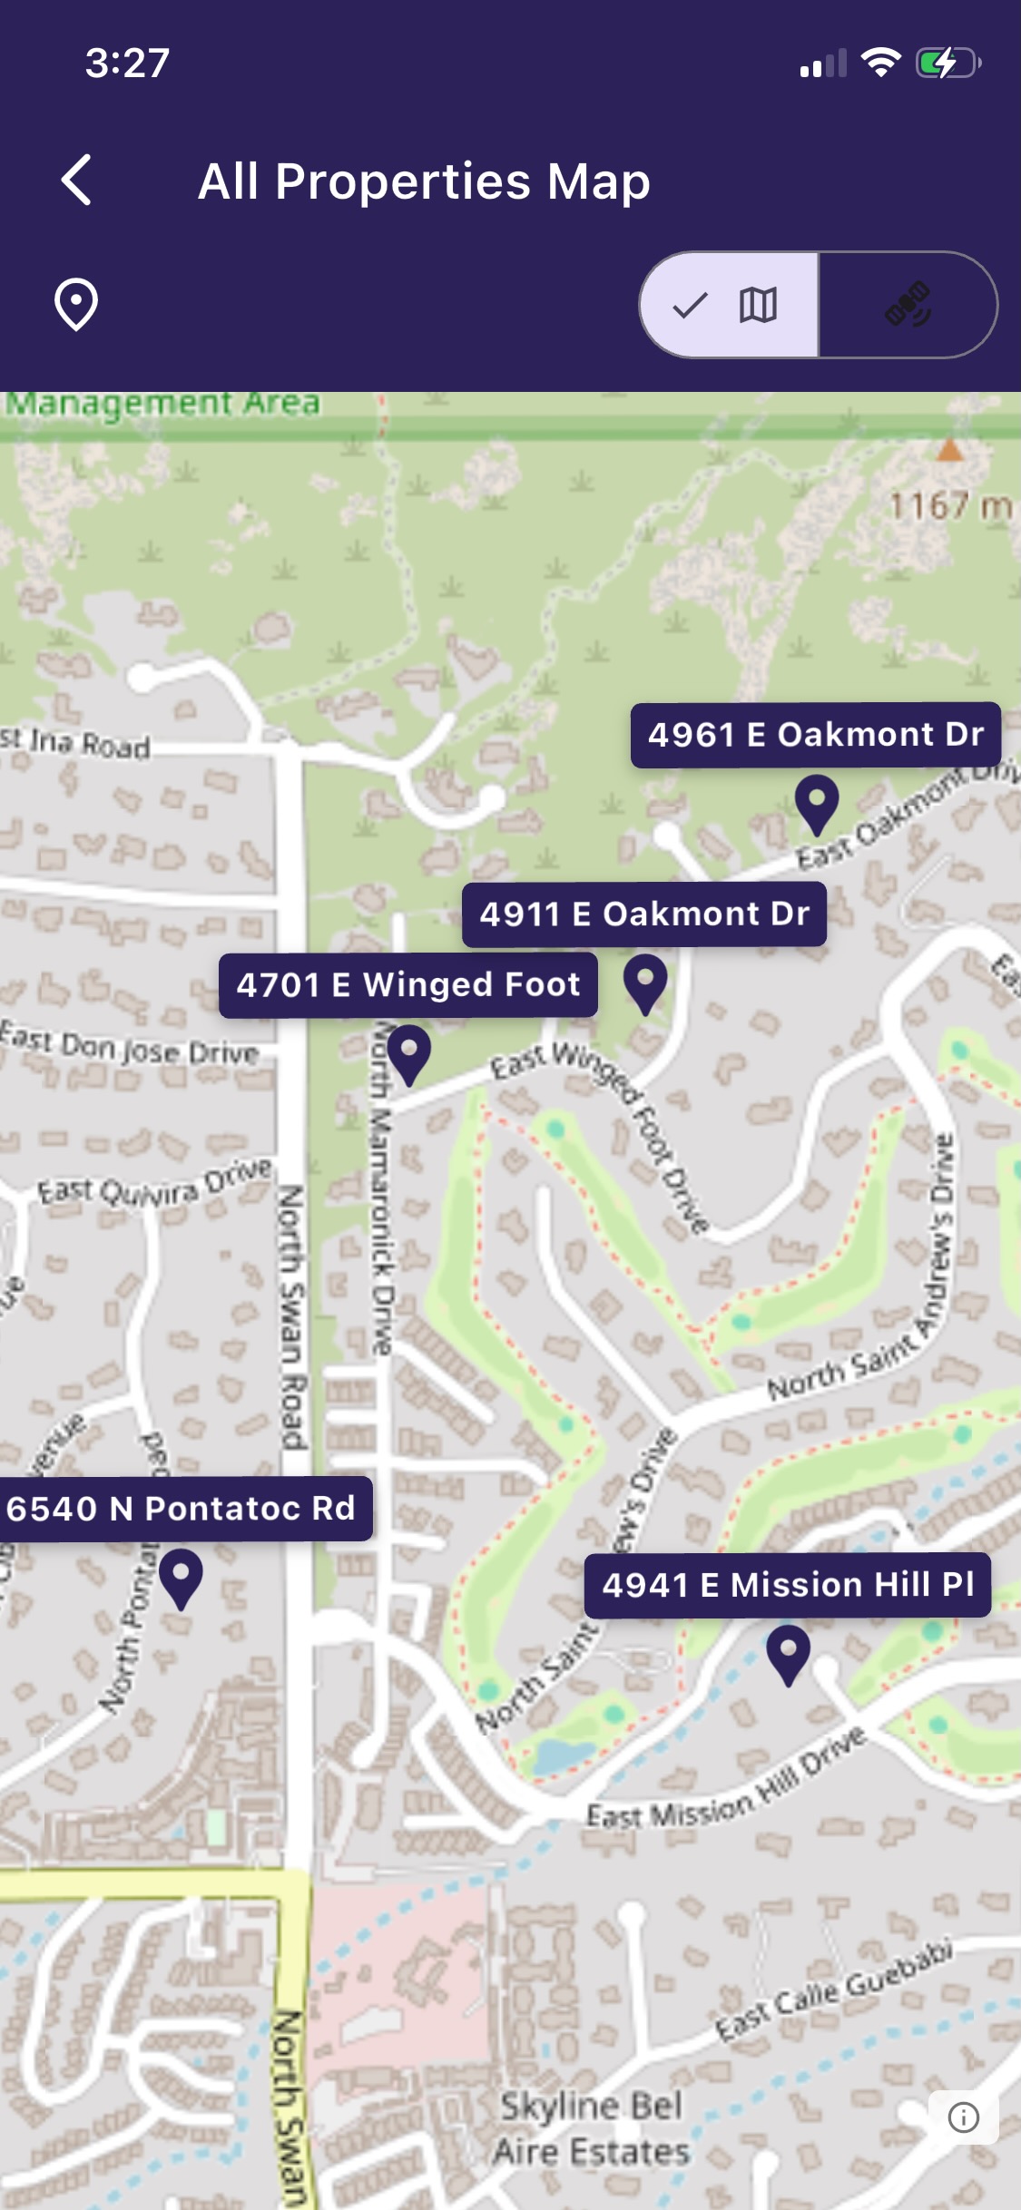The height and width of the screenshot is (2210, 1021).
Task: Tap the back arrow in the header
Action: (77, 180)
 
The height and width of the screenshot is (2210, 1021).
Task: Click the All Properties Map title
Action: (424, 181)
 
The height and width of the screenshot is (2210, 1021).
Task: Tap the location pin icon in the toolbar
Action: (76, 304)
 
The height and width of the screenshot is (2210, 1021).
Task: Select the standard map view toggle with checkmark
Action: (729, 305)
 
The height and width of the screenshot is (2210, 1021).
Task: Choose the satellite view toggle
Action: (908, 305)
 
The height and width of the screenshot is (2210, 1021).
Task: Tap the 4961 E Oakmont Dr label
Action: (815, 735)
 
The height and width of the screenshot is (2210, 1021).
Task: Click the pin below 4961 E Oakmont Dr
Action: (817, 804)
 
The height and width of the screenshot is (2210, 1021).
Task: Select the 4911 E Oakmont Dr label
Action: (644, 914)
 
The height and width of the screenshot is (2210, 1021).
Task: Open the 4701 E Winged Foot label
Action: (408, 985)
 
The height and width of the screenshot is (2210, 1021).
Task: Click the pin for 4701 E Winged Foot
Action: (409, 1054)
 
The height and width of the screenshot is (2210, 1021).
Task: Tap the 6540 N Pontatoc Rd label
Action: (182, 1509)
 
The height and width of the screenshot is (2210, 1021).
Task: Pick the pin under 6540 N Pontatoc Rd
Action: (181, 1578)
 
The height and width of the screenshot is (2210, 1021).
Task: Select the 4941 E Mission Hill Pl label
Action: (788, 1585)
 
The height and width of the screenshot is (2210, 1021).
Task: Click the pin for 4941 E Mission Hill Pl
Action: (789, 1654)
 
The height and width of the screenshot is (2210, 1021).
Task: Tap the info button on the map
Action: (963, 2117)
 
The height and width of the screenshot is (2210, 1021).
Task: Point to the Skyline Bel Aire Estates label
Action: (592, 2128)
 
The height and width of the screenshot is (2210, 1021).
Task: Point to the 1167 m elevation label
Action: (949, 505)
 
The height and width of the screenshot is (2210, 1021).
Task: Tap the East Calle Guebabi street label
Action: (834, 1991)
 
